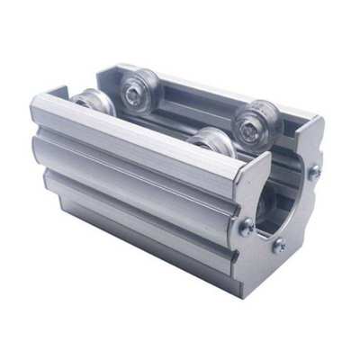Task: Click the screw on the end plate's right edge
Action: [315, 171]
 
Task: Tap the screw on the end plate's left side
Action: [245, 227]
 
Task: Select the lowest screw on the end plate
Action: [278, 244]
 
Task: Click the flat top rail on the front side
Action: [135, 130]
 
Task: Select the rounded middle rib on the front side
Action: [135, 171]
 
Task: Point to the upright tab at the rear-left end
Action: [56, 93]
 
